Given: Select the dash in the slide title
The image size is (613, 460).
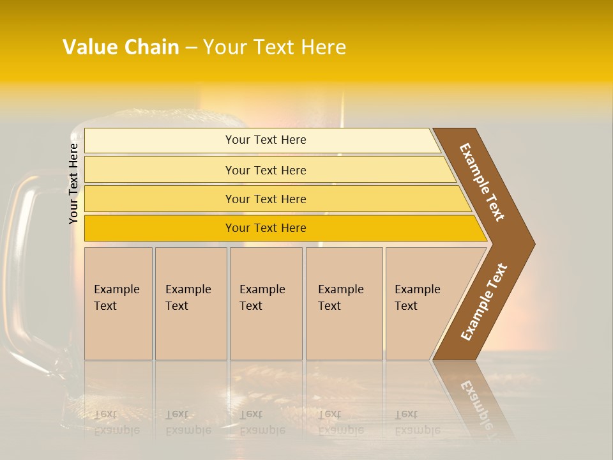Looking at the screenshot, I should pos(191,48).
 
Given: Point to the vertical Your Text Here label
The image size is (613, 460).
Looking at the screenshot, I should pos(73,183).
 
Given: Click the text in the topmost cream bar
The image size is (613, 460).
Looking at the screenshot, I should pos(266,140).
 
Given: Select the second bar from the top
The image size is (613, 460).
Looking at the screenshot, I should pos(266,170).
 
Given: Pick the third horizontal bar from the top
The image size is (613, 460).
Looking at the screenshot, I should pos(266,199).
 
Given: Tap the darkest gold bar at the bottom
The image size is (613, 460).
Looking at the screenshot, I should pos(266,228).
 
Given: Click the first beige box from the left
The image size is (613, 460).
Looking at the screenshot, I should pos(118,303).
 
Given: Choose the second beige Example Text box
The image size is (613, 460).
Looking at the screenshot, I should pos(190,303).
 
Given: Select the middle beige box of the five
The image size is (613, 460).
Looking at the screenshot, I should pos(266,303).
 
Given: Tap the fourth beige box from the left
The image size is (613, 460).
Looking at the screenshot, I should pos(344,303).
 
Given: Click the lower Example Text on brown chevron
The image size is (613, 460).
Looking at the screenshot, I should pos(484,302).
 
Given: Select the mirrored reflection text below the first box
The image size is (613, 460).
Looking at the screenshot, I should pos(116,422).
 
